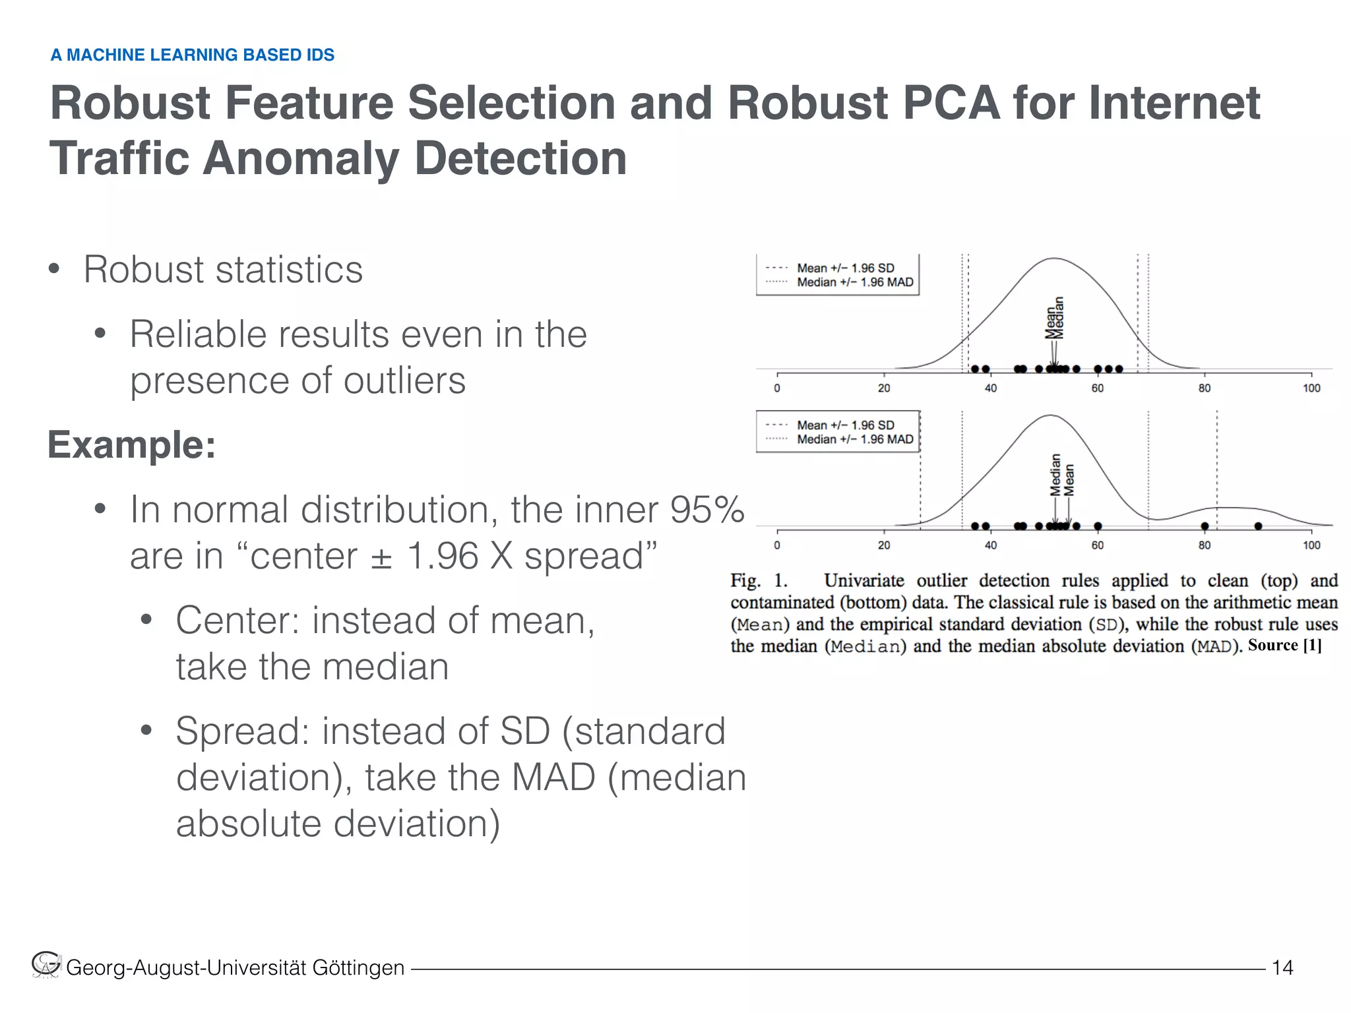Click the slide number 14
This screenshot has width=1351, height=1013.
1282,967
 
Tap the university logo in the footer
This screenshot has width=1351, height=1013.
46,965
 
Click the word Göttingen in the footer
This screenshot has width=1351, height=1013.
358,967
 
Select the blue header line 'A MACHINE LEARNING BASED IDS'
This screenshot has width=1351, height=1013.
193,55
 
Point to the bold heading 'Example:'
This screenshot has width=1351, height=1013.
132,445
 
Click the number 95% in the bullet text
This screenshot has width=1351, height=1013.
707,510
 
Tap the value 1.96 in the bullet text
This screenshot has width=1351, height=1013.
442,556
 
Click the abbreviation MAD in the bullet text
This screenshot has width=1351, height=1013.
553,778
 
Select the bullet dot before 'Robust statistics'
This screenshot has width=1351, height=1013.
54,270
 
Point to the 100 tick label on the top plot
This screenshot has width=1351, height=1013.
1311,388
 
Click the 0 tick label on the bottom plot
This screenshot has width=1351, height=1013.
777,545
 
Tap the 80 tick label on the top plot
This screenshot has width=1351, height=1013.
1205,388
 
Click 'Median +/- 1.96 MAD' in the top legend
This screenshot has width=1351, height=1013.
855,282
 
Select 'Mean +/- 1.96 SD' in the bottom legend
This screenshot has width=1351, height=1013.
845,425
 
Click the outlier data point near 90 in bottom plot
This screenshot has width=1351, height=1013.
1258,526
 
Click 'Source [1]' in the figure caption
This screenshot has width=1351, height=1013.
1284,645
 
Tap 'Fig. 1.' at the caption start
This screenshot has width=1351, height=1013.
759,581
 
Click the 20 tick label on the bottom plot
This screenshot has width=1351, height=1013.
884,545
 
